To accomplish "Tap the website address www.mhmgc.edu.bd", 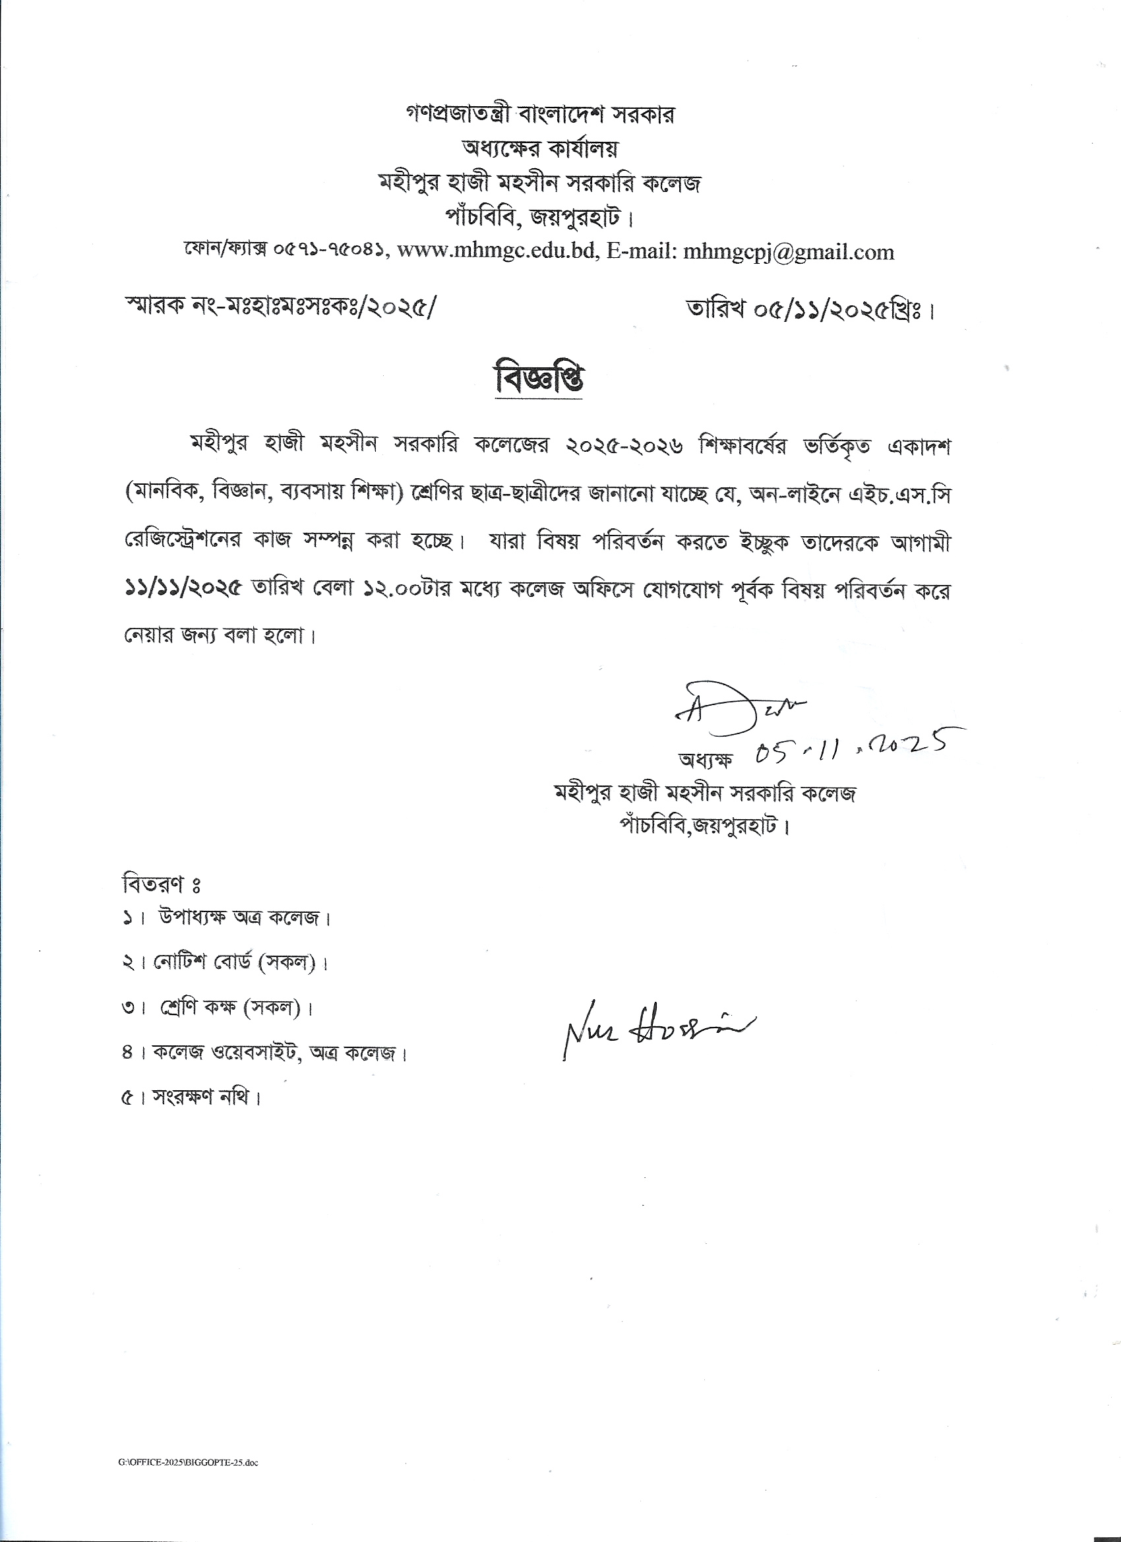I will (497, 252).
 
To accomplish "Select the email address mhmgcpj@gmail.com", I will (789, 252).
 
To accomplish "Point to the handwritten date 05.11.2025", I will (850, 747).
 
